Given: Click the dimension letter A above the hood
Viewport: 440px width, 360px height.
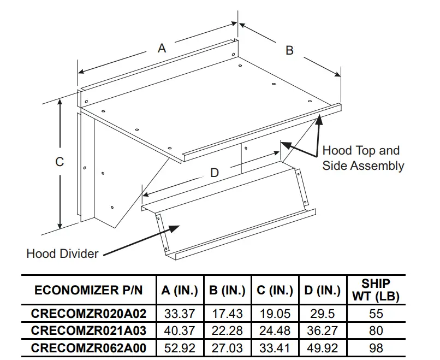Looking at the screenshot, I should point(162,48).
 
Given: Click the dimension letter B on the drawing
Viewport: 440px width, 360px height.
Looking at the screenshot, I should point(289,50).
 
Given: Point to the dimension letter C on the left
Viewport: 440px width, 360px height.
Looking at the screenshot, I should point(60,162).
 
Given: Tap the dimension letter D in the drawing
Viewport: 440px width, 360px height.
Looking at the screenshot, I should point(215,173).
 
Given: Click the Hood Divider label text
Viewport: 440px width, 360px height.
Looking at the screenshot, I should point(62,253).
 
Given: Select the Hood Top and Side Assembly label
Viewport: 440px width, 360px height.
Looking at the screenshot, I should point(362,158).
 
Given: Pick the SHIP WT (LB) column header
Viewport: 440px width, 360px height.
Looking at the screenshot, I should point(376,291).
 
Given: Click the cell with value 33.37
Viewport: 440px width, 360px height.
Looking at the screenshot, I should point(180,314).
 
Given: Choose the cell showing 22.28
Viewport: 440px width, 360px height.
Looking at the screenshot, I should point(228,331).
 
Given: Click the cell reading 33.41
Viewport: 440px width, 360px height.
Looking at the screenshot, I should point(275,347).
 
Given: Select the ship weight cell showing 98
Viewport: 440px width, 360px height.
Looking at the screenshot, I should point(376,347).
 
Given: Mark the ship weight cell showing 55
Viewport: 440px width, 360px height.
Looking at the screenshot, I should point(376,314).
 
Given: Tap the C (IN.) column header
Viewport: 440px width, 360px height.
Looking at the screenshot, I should point(275,291).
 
